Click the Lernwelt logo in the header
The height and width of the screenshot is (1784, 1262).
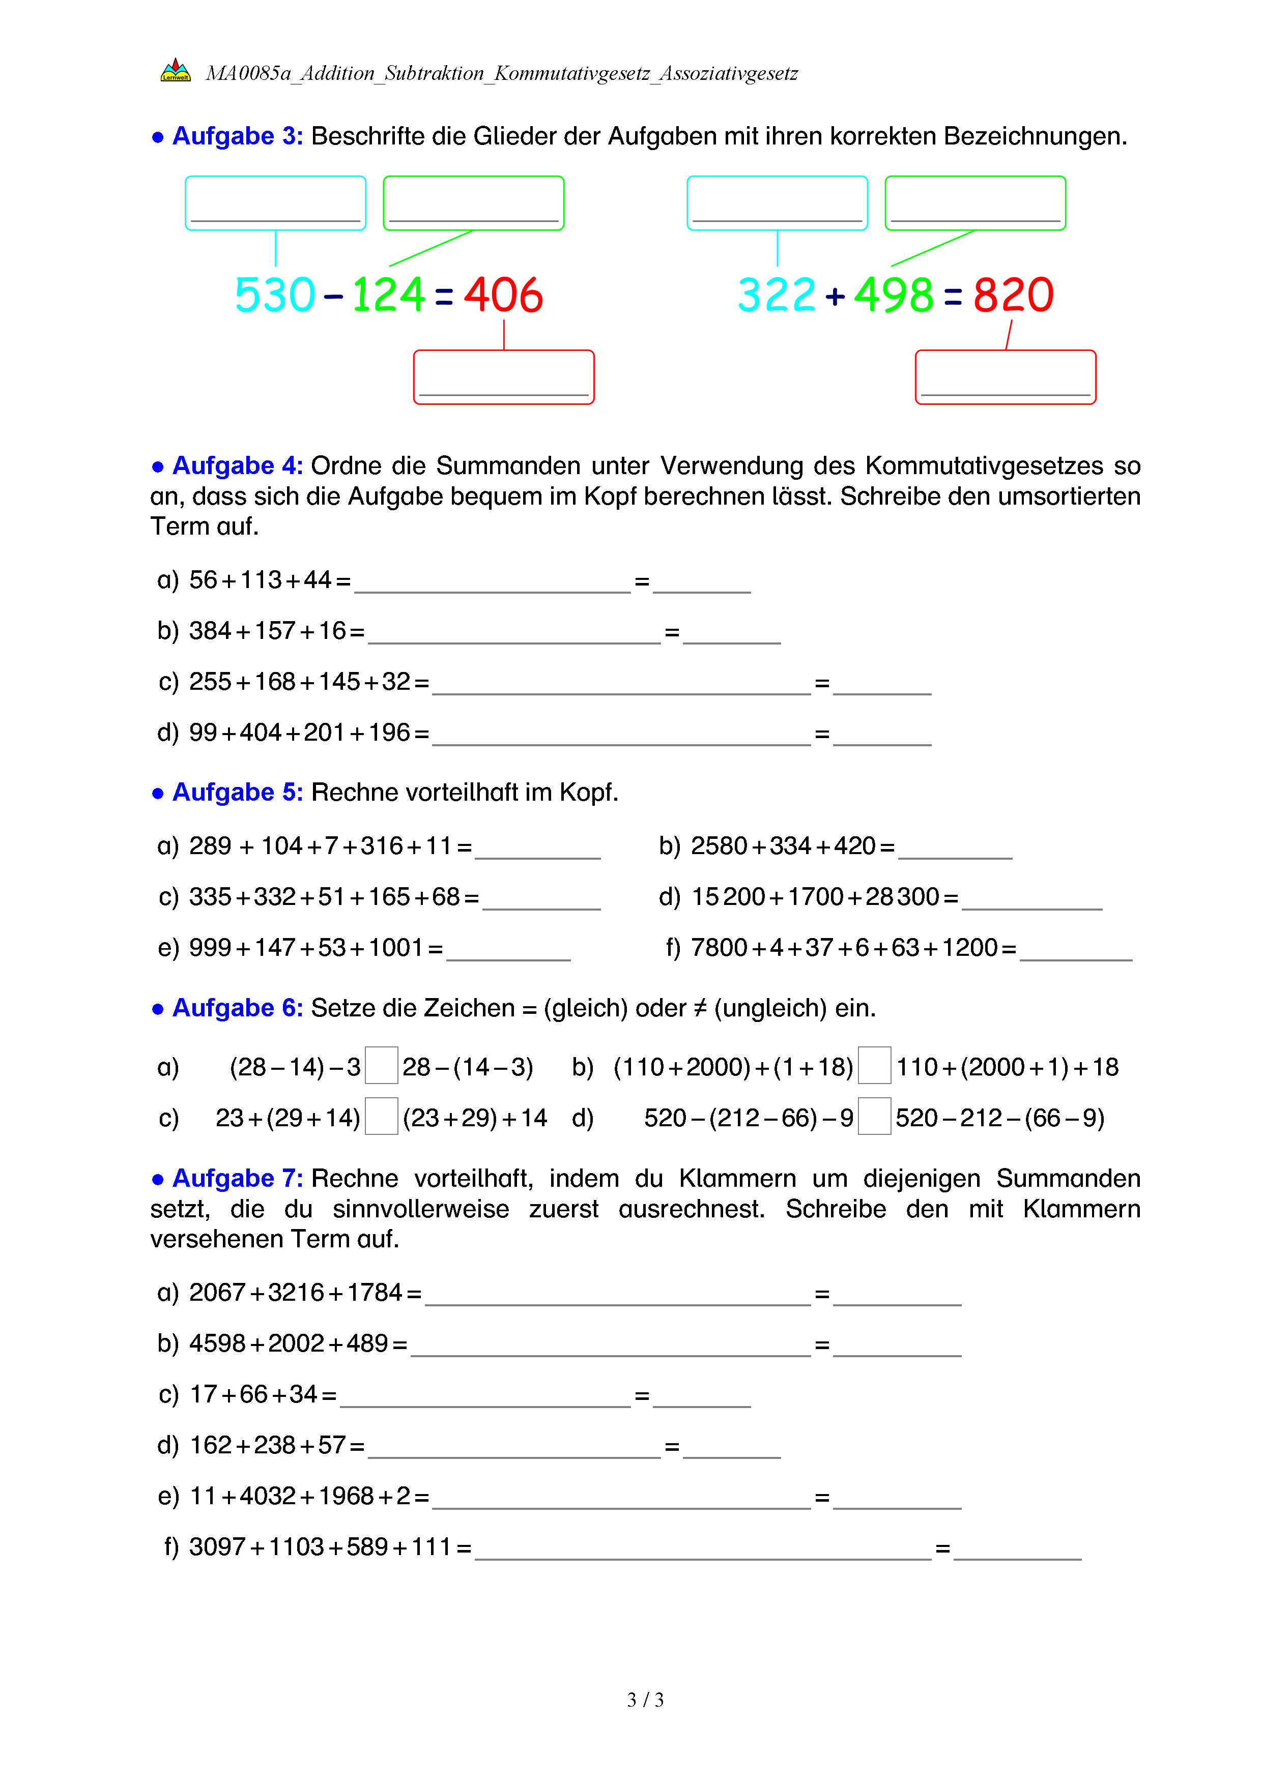tap(175, 71)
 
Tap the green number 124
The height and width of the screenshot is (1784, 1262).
tap(389, 295)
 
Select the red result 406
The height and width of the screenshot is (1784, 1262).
tap(504, 295)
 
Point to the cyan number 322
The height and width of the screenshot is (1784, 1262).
tap(777, 295)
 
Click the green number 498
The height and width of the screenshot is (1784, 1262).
tap(894, 295)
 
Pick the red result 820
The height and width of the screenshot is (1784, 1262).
tap(1013, 295)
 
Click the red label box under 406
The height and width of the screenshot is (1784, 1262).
tap(504, 377)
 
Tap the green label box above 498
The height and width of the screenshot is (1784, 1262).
tap(976, 203)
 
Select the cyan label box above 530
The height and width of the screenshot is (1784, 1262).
tap(275, 203)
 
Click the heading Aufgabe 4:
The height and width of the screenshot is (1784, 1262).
tap(237, 465)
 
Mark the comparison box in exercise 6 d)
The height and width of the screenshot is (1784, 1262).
tap(874, 1117)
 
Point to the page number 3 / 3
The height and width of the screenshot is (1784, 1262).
tap(645, 1700)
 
